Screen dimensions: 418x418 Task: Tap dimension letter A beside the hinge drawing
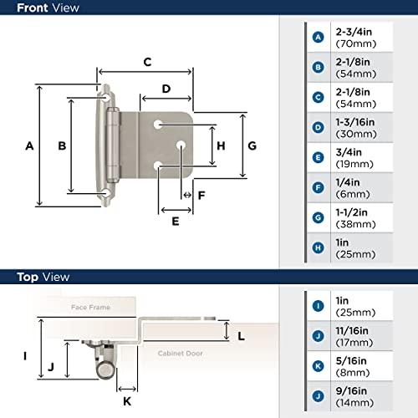click(28, 145)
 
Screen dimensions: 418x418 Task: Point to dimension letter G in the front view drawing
click(252, 145)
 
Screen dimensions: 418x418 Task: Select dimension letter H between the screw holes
click(221, 145)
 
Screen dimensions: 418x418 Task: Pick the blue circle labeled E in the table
click(318, 157)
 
